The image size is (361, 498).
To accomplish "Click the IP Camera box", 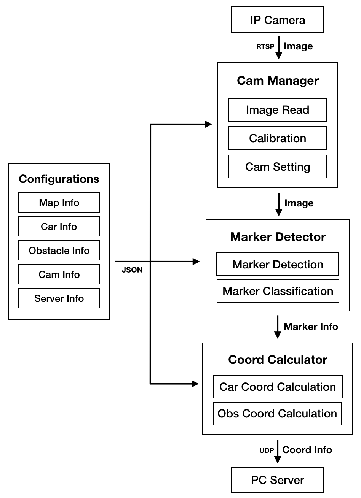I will coord(277,20).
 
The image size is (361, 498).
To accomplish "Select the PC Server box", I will coord(277,480).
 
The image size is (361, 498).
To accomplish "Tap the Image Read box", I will coord(277,110).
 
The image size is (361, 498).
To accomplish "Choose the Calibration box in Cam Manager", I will coord(277,138).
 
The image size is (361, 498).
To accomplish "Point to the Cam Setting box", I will coord(277,167).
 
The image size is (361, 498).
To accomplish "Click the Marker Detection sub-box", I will coord(277,264).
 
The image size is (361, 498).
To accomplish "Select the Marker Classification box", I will coord(278,291).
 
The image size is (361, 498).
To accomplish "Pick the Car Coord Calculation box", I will coord(277,387).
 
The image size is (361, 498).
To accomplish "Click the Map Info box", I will coord(59,202).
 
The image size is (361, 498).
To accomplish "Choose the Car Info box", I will coord(59,227).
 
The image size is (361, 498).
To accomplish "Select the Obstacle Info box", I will coord(59,251).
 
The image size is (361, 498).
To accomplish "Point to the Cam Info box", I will coord(59,274).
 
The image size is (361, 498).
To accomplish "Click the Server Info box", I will coord(59,298).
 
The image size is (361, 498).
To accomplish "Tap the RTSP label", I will coord(265,47).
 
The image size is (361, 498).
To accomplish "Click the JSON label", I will coord(132,270).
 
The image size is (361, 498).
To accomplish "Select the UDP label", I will coord(267,450).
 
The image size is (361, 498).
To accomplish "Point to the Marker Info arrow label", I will coord(311,327).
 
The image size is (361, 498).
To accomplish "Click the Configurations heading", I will coord(59,179).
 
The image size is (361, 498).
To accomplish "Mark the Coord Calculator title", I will coord(278,360).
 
